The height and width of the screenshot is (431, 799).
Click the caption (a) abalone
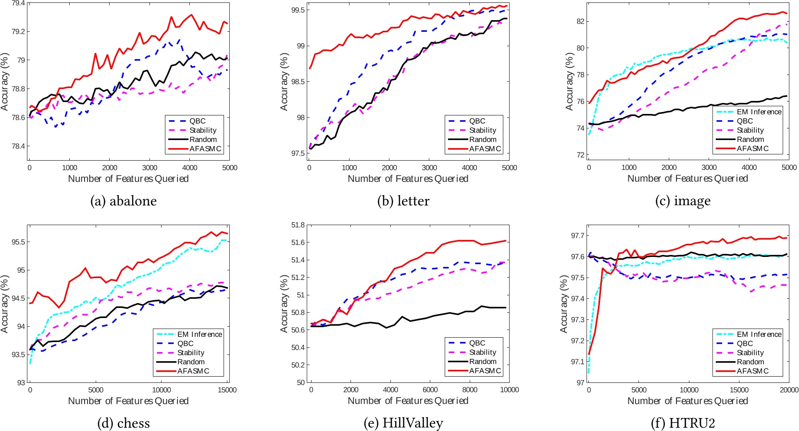pyautogui.click(x=124, y=201)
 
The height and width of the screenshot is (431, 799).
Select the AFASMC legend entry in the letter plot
pyautogui.click(x=485, y=149)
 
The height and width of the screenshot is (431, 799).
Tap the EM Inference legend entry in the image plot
pyautogui.click(x=759, y=112)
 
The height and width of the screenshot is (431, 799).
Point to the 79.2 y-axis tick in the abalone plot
pyautogui.click(x=17, y=32)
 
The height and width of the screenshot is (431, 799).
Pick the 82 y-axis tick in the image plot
pyautogui.click(x=580, y=21)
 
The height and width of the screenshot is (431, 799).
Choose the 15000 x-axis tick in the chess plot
pyautogui.click(x=227, y=390)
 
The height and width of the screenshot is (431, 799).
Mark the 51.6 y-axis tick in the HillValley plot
pyautogui.click(x=298, y=242)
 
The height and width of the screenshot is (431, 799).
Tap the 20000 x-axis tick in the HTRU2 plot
pyautogui.click(x=788, y=390)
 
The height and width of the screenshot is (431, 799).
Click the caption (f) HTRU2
pyautogui.click(x=683, y=423)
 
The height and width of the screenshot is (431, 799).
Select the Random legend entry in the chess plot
pyautogui.click(x=190, y=362)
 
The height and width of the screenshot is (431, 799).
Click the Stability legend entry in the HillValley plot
pyautogui.click(x=482, y=352)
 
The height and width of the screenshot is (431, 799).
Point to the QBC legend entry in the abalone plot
pyautogui.click(x=197, y=121)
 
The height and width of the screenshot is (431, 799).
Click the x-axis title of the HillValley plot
pyautogui.click(x=408, y=401)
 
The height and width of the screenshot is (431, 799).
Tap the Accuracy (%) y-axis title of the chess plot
pyautogui.click(x=5, y=304)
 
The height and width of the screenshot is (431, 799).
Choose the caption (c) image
pyautogui.click(x=683, y=201)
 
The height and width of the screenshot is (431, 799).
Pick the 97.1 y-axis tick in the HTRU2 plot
pyautogui.click(x=577, y=362)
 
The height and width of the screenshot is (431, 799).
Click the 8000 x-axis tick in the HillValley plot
pyautogui.click(x=470, y=390)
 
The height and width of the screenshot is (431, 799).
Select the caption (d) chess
pyautogui.click(x=124, y=423)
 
